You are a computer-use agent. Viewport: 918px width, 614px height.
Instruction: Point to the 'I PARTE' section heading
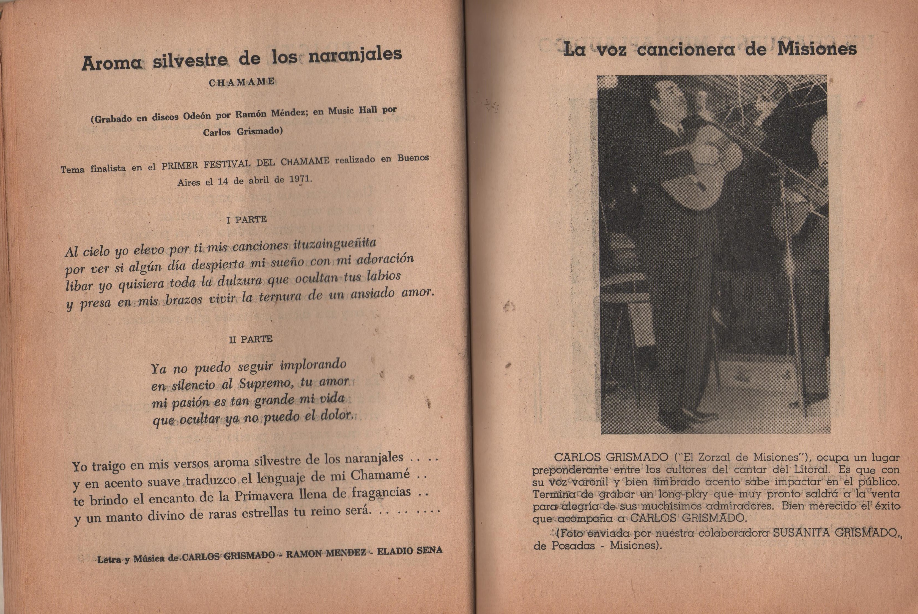point(246,220)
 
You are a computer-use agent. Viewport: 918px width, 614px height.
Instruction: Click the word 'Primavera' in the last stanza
point(264,495)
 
